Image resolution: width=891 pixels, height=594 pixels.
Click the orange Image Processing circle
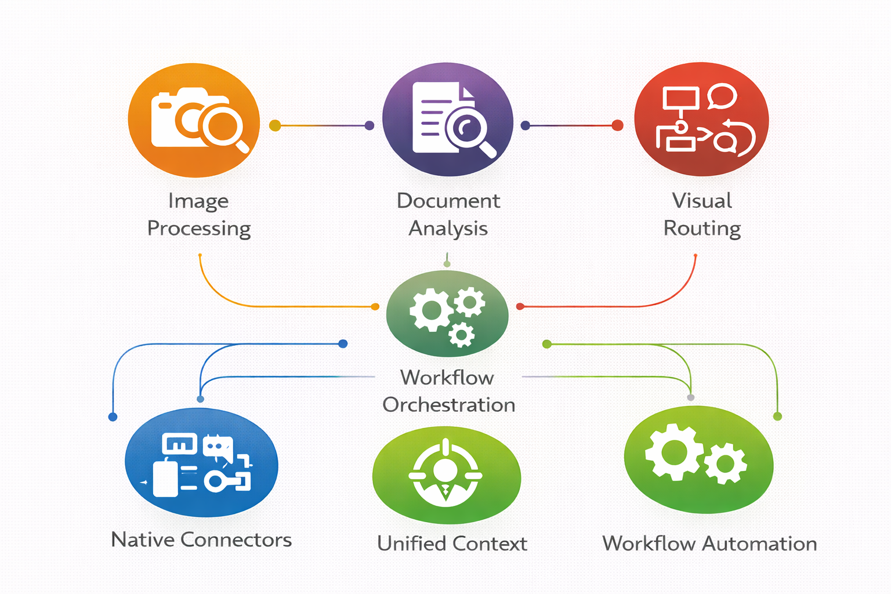(x=194, y=120)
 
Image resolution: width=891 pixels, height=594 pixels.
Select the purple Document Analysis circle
(x=447, y=119)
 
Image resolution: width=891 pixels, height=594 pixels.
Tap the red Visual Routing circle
(x=701, y=119)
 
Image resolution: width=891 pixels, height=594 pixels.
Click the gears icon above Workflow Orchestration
(x=447, y=314)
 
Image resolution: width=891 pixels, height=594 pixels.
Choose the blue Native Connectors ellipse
(x=201, y=462)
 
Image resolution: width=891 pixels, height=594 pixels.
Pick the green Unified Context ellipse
(x=446, y=475)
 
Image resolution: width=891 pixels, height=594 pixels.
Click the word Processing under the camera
(x=199, y=229)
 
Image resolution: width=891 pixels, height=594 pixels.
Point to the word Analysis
(x=448, y=229)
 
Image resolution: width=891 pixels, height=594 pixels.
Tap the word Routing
(x=702, y=229)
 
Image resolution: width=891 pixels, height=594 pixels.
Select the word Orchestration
(x=448, y=405)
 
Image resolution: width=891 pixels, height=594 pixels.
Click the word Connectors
(x=236, y=540)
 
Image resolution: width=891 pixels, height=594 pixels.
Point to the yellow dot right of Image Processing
(x=275, y=125)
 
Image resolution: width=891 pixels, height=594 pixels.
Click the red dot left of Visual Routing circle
(x=618, y=125)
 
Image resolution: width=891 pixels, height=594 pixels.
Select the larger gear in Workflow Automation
(x=675, y=452)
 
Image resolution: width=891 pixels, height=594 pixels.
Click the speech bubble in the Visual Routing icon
(x=722, y=96)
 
